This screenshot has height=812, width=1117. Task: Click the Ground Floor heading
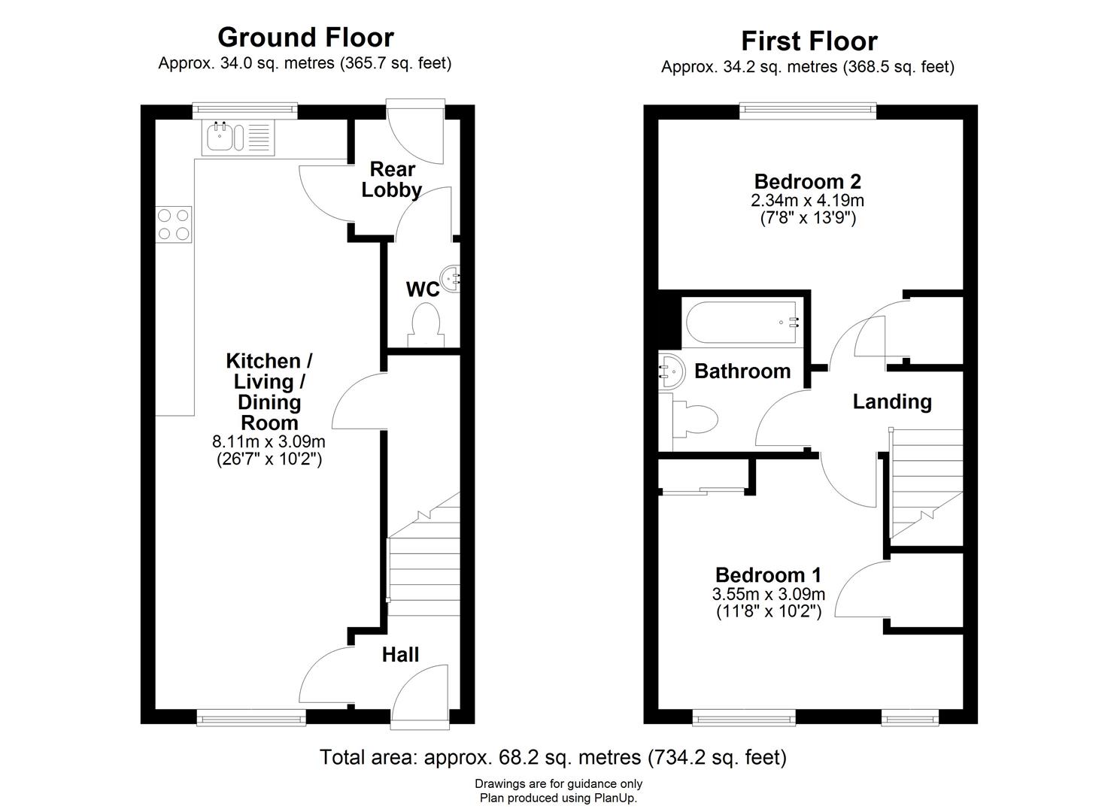pos(305,37)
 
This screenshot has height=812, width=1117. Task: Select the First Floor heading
pos(809,41)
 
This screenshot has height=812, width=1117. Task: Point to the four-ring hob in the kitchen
pos(173,224)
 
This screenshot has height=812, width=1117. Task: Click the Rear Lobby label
pos(391,180)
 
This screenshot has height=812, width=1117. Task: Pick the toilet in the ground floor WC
pos(426,323)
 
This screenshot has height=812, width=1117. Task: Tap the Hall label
pos(400,655)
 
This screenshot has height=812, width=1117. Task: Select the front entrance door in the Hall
pos(420,695)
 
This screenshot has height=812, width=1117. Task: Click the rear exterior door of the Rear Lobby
pos(415,132)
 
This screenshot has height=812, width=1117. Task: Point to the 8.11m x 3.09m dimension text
pos(269,442)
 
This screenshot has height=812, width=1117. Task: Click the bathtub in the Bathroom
pos(741,323)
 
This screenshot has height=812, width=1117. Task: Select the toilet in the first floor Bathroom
pos(696,420)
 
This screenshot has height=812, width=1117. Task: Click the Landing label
pos(891,401)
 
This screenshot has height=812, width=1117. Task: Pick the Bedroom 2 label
pos(807,181)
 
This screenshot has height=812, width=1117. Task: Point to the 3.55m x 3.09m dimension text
pos(768,594)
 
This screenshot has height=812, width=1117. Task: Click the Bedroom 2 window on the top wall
pos(808,111)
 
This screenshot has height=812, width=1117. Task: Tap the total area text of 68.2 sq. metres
pos(553,756)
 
